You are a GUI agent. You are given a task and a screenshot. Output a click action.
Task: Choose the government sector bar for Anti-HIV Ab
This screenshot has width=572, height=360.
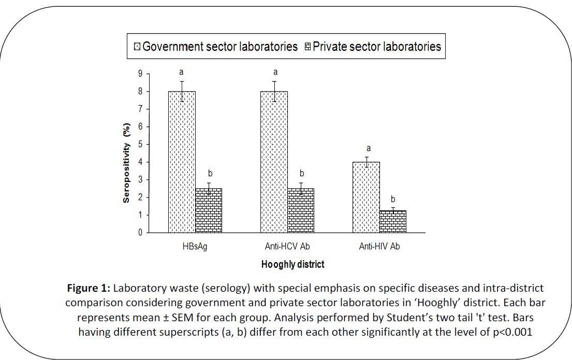[x=366, y=197]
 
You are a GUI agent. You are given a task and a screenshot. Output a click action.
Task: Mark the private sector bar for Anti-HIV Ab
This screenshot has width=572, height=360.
[x=393, y=221]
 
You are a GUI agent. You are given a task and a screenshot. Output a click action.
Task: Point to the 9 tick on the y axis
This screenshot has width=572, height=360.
[x=139, y=74]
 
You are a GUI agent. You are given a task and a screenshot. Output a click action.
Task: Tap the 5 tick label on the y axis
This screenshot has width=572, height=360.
[x=139, y=145]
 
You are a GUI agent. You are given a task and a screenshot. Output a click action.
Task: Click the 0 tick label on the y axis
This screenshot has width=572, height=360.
[x=139, y=233]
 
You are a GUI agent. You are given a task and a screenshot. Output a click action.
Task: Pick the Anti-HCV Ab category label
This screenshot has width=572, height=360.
[x=287, y=247]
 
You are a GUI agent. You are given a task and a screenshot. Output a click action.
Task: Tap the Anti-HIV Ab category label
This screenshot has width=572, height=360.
[x=379, y=247]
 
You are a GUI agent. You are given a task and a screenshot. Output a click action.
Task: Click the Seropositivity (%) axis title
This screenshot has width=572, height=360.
[x=126, y=162]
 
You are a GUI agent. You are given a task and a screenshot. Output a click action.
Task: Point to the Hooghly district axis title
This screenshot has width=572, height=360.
[x=292, y=264]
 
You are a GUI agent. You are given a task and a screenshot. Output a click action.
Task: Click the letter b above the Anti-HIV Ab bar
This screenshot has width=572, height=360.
[x=393, y=199]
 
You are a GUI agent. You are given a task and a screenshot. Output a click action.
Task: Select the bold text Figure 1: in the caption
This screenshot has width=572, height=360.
[x=89, y=288]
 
